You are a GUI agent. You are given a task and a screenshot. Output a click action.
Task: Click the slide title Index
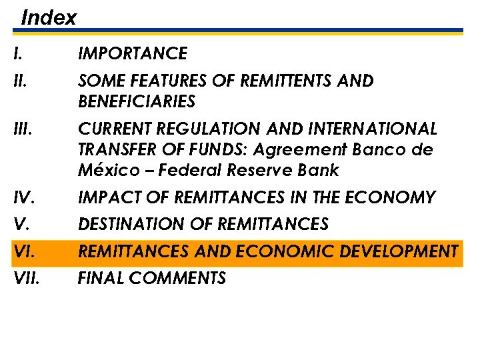coord(49,17)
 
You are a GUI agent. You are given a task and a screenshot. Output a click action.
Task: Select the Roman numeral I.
coord(17,53)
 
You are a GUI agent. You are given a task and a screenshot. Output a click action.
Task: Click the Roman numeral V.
coord(20,225)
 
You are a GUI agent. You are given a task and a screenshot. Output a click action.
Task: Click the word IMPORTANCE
coord(133,53)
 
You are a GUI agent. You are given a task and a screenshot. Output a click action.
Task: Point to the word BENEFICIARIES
coord(137,102)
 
